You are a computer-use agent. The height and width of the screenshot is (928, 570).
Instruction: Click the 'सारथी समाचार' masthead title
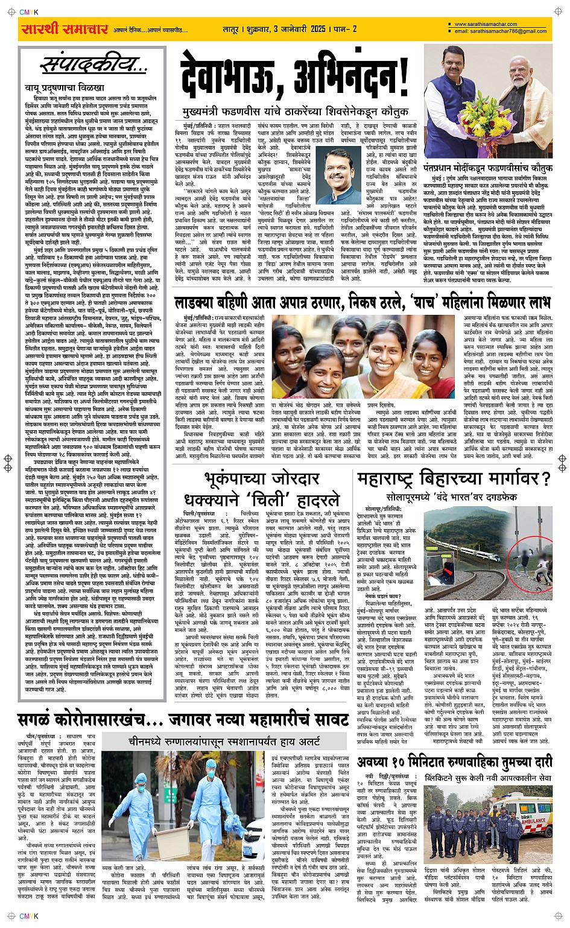65,29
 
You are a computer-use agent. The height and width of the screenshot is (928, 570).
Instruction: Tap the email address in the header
501,31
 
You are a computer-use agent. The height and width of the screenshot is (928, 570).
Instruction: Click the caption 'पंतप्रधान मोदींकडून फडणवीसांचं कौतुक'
487,168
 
